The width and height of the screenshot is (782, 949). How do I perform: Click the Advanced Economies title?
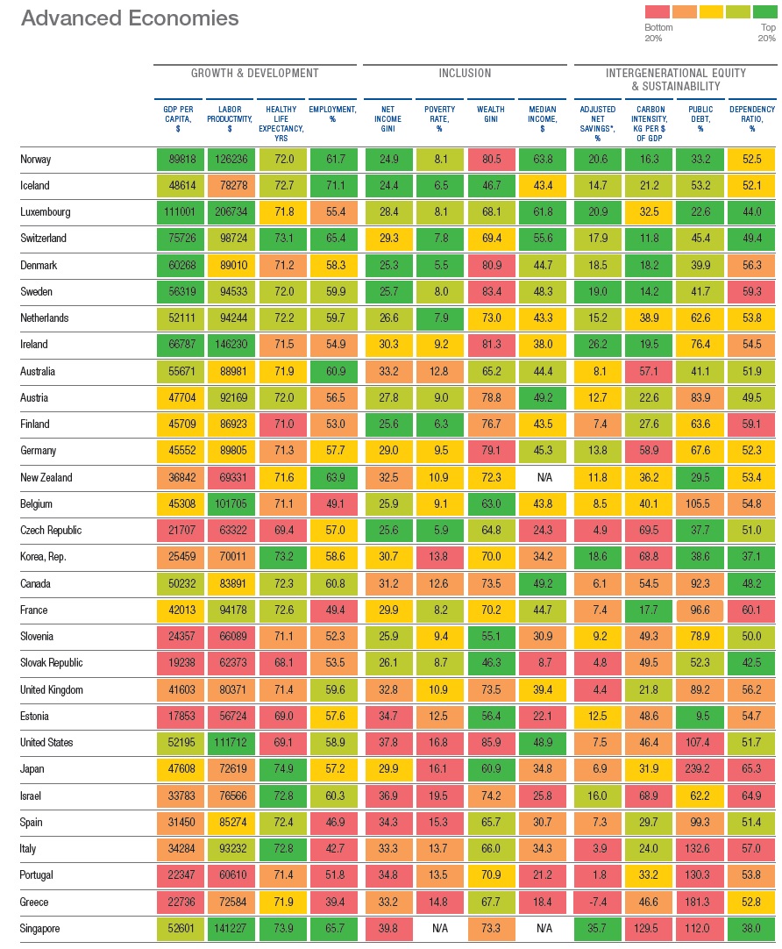(x=129, y=18)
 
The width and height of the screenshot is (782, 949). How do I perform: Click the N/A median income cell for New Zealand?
(x=542, y=478)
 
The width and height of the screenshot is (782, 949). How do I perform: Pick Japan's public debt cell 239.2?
(x=700, y=769)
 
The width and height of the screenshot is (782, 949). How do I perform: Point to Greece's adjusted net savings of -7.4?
(x=597, y=902)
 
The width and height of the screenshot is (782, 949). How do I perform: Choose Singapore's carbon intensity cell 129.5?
(x=649, y=929)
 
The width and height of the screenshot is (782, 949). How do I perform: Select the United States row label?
(x=46, y=743)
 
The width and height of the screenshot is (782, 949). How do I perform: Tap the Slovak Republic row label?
(x=52, y=663)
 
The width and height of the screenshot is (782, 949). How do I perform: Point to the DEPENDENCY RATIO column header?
(x=752, y=118)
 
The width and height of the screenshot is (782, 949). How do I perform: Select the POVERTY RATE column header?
(x=439, y=118)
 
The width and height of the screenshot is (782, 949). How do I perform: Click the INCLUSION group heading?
(x=465, y=74)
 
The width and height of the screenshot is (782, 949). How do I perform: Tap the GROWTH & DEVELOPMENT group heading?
(x=254, y=74)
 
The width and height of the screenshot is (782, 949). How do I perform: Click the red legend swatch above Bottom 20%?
(x=658, y=11)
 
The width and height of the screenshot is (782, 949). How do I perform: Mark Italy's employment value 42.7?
(x=333, y=849)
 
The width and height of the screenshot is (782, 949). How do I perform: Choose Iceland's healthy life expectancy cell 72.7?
(x=282, y=186)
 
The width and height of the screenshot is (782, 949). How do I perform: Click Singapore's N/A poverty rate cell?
(x=439, y=929)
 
